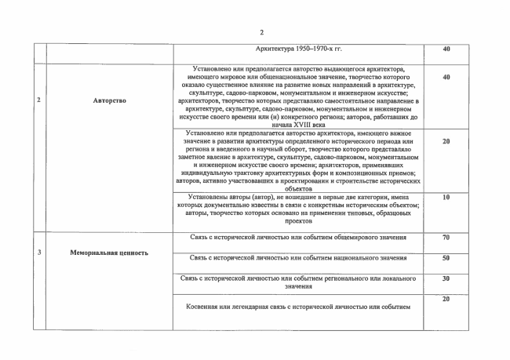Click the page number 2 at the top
click(262, 32)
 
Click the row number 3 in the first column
click(39, 252)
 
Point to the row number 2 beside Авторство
click(39, 100)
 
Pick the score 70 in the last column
click(446, 237)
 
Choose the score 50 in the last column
click(446, 257)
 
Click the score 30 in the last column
click(446, 278)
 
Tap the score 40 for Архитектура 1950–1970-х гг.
click(446, 49)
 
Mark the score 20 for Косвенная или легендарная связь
click(446, 299)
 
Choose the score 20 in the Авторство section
click(446, 141)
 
